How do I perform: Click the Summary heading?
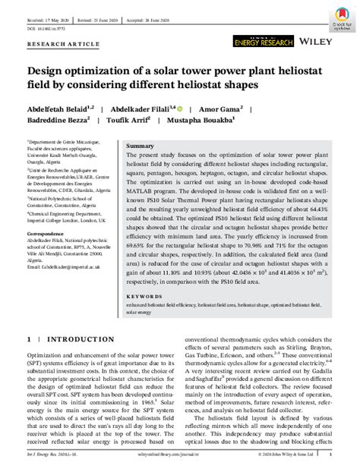coord(139,145)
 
